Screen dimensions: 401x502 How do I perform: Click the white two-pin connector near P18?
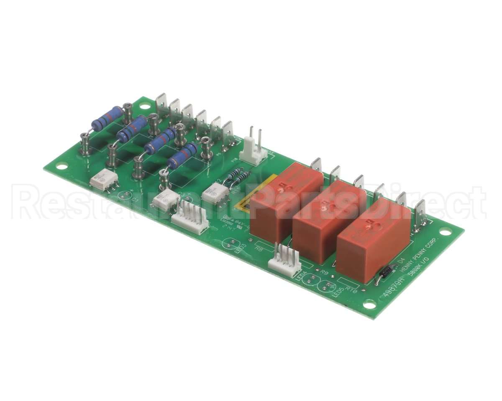tap(254, 150)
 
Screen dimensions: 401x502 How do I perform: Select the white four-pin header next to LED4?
tap(284, 259)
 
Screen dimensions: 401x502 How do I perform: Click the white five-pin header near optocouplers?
tap(190, 215)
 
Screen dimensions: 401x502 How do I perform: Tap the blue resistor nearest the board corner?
tap(108, 118)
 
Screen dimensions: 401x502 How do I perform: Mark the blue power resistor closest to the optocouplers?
tap(182, 155)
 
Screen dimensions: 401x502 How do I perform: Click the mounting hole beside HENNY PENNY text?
tap(445, 231)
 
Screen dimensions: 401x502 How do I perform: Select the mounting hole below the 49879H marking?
tap(369, 305)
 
